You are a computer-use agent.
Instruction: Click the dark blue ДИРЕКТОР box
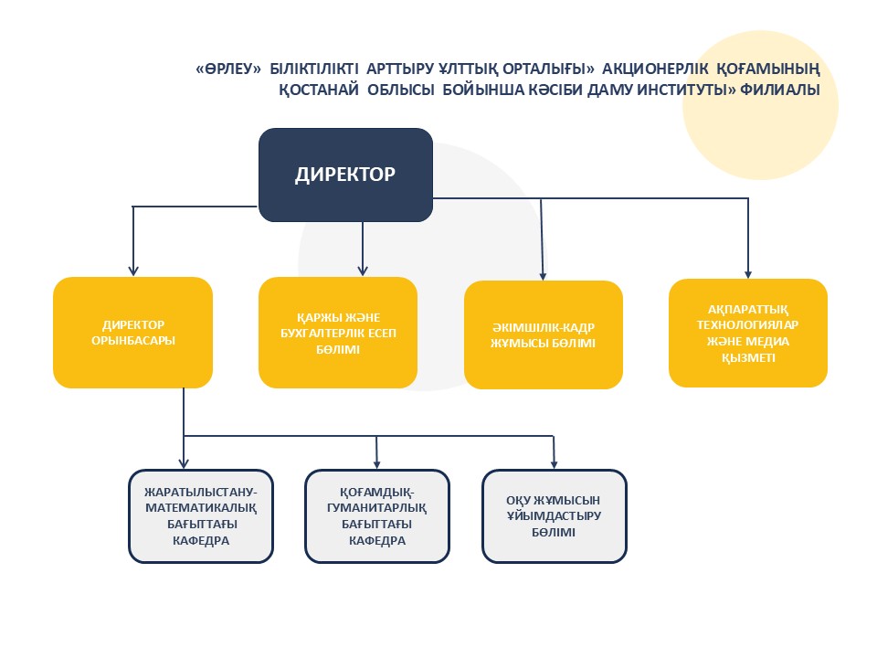point(345,175)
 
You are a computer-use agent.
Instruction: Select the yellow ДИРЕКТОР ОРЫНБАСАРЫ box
point(133,333)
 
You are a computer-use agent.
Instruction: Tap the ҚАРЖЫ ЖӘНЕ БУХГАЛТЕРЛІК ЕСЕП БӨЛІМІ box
point(338,333)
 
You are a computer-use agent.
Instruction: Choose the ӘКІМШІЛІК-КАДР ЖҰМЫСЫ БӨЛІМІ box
point(544,334)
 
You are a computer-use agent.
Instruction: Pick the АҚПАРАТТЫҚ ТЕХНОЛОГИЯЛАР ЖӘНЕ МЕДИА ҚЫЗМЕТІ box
point(748,333)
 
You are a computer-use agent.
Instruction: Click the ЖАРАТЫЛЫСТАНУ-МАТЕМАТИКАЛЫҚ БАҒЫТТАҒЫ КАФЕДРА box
point(201,515)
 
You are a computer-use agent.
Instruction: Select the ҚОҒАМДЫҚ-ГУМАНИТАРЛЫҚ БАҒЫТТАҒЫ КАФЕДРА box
point(376,515)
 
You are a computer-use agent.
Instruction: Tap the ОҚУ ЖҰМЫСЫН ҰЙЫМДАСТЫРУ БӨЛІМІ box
point(554,515)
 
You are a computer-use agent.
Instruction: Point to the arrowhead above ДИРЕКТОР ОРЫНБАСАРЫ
point(133,270)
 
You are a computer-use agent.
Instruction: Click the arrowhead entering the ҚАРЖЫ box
point(363,270)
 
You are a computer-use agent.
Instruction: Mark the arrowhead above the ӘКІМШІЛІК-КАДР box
point(544,273)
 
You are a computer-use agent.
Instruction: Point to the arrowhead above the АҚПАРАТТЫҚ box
point(748,271)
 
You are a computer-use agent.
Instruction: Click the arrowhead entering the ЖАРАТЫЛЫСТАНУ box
point(184,462)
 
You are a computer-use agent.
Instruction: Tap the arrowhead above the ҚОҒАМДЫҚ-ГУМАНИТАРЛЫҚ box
point(376,462)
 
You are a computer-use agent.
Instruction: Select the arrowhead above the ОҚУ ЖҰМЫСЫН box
point(554,462)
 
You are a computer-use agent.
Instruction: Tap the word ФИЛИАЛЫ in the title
point(783,90)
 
